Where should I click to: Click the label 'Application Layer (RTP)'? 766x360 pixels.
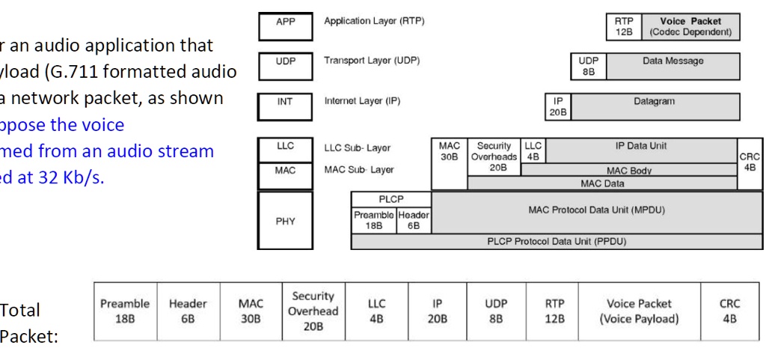tap(374, 22)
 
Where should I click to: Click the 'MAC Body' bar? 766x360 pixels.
tap(628, 171)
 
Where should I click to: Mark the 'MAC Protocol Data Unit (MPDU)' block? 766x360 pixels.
tap(595, 212)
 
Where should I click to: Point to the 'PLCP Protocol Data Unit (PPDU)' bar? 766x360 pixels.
tap(556, 240)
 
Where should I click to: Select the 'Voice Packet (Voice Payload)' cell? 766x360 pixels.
tap(640, 311)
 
